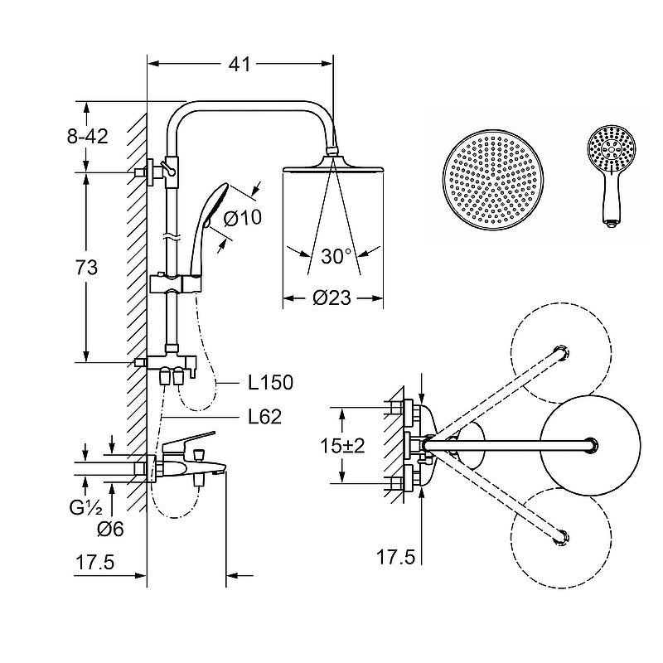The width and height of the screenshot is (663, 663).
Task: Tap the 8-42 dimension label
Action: pyautogui.click(x=86, y=137)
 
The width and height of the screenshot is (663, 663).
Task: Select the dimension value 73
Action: pyautogui.click(x=86, y=268)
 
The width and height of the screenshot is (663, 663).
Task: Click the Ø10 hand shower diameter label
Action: pyautogui.click(x=242, y=219)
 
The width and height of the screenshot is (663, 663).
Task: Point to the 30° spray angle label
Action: pyautogui.click(x=336, y=256)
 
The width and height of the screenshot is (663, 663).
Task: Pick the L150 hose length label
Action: pyautogui.click(x=271, y=383)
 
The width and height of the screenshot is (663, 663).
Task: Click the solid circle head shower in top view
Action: pyautogui.click(x=591, y=446)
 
